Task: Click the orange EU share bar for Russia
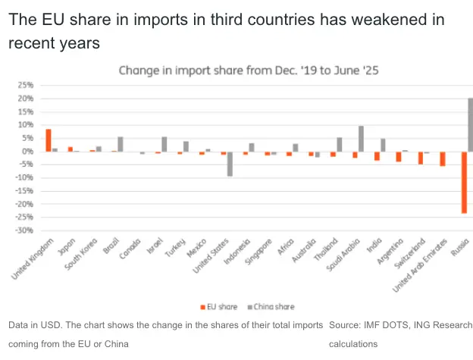click(x=464, y=182)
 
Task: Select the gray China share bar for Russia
click(x=470, y=125)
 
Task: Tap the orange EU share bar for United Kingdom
click(x=48, y=140)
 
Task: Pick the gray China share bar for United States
click(x=230, y=164)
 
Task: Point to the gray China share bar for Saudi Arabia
click(x=361, y=139)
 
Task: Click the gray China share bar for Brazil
click(x=120, y=144)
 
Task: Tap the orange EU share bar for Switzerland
click(x=420, y=158)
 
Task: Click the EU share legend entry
click(x=220, y=307)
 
